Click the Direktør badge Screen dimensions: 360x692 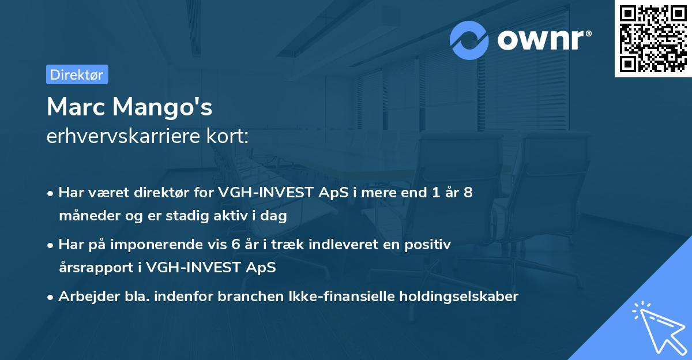coord(77,74)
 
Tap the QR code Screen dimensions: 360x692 coord(653,39)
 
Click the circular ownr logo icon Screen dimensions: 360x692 coord(470,40)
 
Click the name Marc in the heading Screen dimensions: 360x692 coord(77,107)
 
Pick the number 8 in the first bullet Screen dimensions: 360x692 coord(468,193)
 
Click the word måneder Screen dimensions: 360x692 coord(86,216)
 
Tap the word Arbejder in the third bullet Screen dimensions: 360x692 coord(85,297)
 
